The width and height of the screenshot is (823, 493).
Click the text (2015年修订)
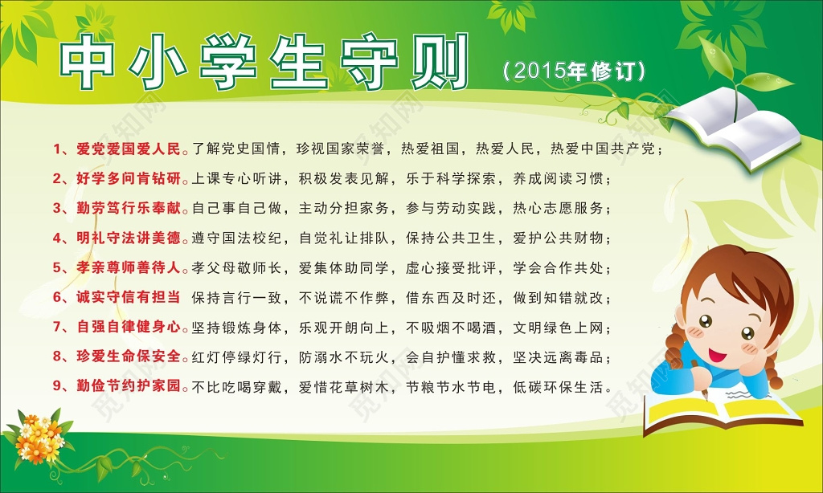574,71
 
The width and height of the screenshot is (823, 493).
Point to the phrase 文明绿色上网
562,327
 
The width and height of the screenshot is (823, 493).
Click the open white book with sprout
735,132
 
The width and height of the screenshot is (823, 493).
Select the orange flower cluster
40,438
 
